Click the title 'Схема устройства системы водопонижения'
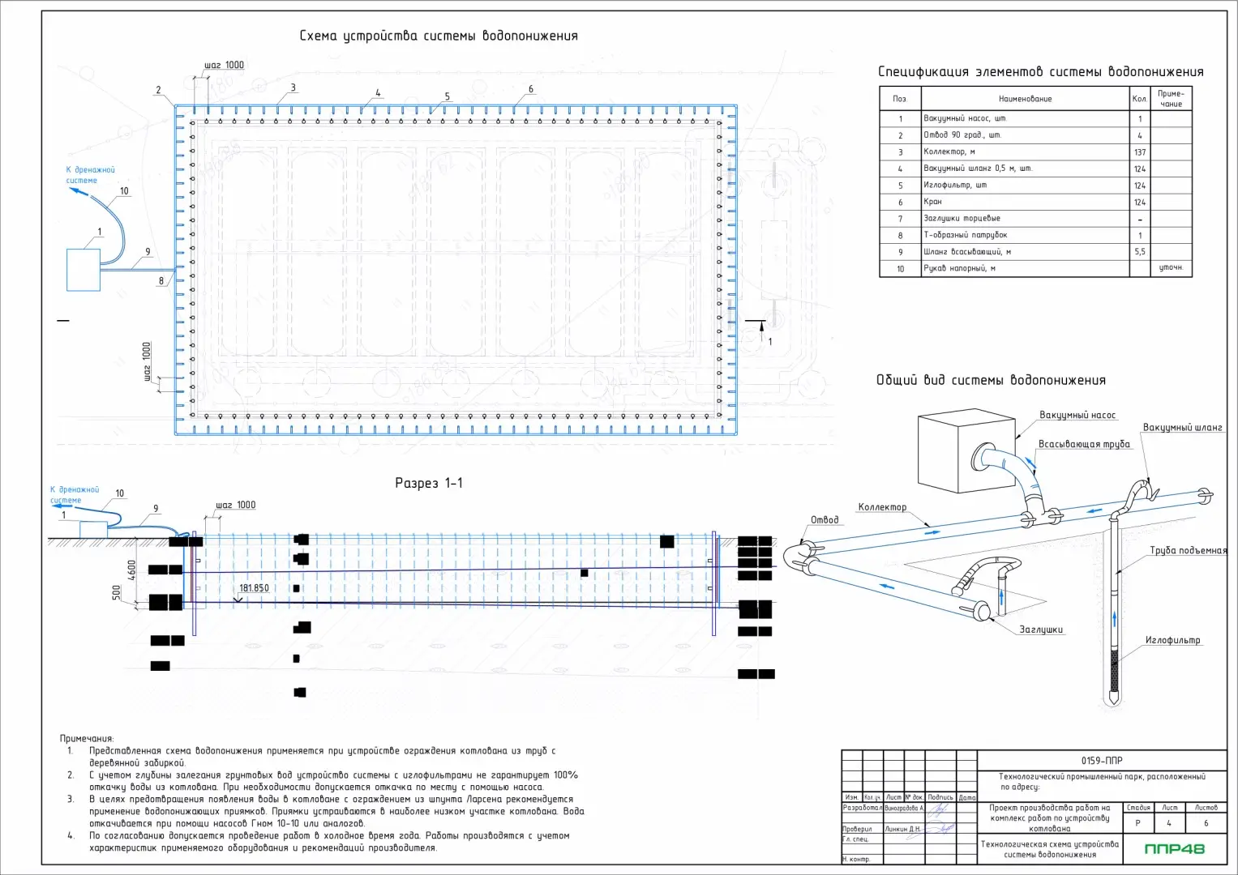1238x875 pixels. (439, 36)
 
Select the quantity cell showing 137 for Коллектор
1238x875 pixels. (1140, 152)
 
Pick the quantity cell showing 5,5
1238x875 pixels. (1140, 252)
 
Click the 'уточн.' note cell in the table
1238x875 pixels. (1171, 268)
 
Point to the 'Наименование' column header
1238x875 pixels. (1025, 99)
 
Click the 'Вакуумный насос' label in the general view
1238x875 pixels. (1077, 416)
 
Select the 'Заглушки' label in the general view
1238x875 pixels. (1041, 630)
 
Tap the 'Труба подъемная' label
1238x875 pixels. (1188, 551)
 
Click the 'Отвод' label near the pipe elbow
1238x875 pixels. (825, 520)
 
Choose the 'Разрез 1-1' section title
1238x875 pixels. (429, 484)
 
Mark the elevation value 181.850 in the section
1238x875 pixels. (254, 588)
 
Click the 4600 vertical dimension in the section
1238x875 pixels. (132, 570)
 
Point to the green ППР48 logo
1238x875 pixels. (1174, 849)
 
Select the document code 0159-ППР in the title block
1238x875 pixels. (1102, 761)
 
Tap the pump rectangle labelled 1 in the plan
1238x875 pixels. (84, 270)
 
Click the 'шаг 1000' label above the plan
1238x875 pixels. (224, 66)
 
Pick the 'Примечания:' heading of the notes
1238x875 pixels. (87, 739)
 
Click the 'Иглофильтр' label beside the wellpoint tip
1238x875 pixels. (1172, 641)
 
